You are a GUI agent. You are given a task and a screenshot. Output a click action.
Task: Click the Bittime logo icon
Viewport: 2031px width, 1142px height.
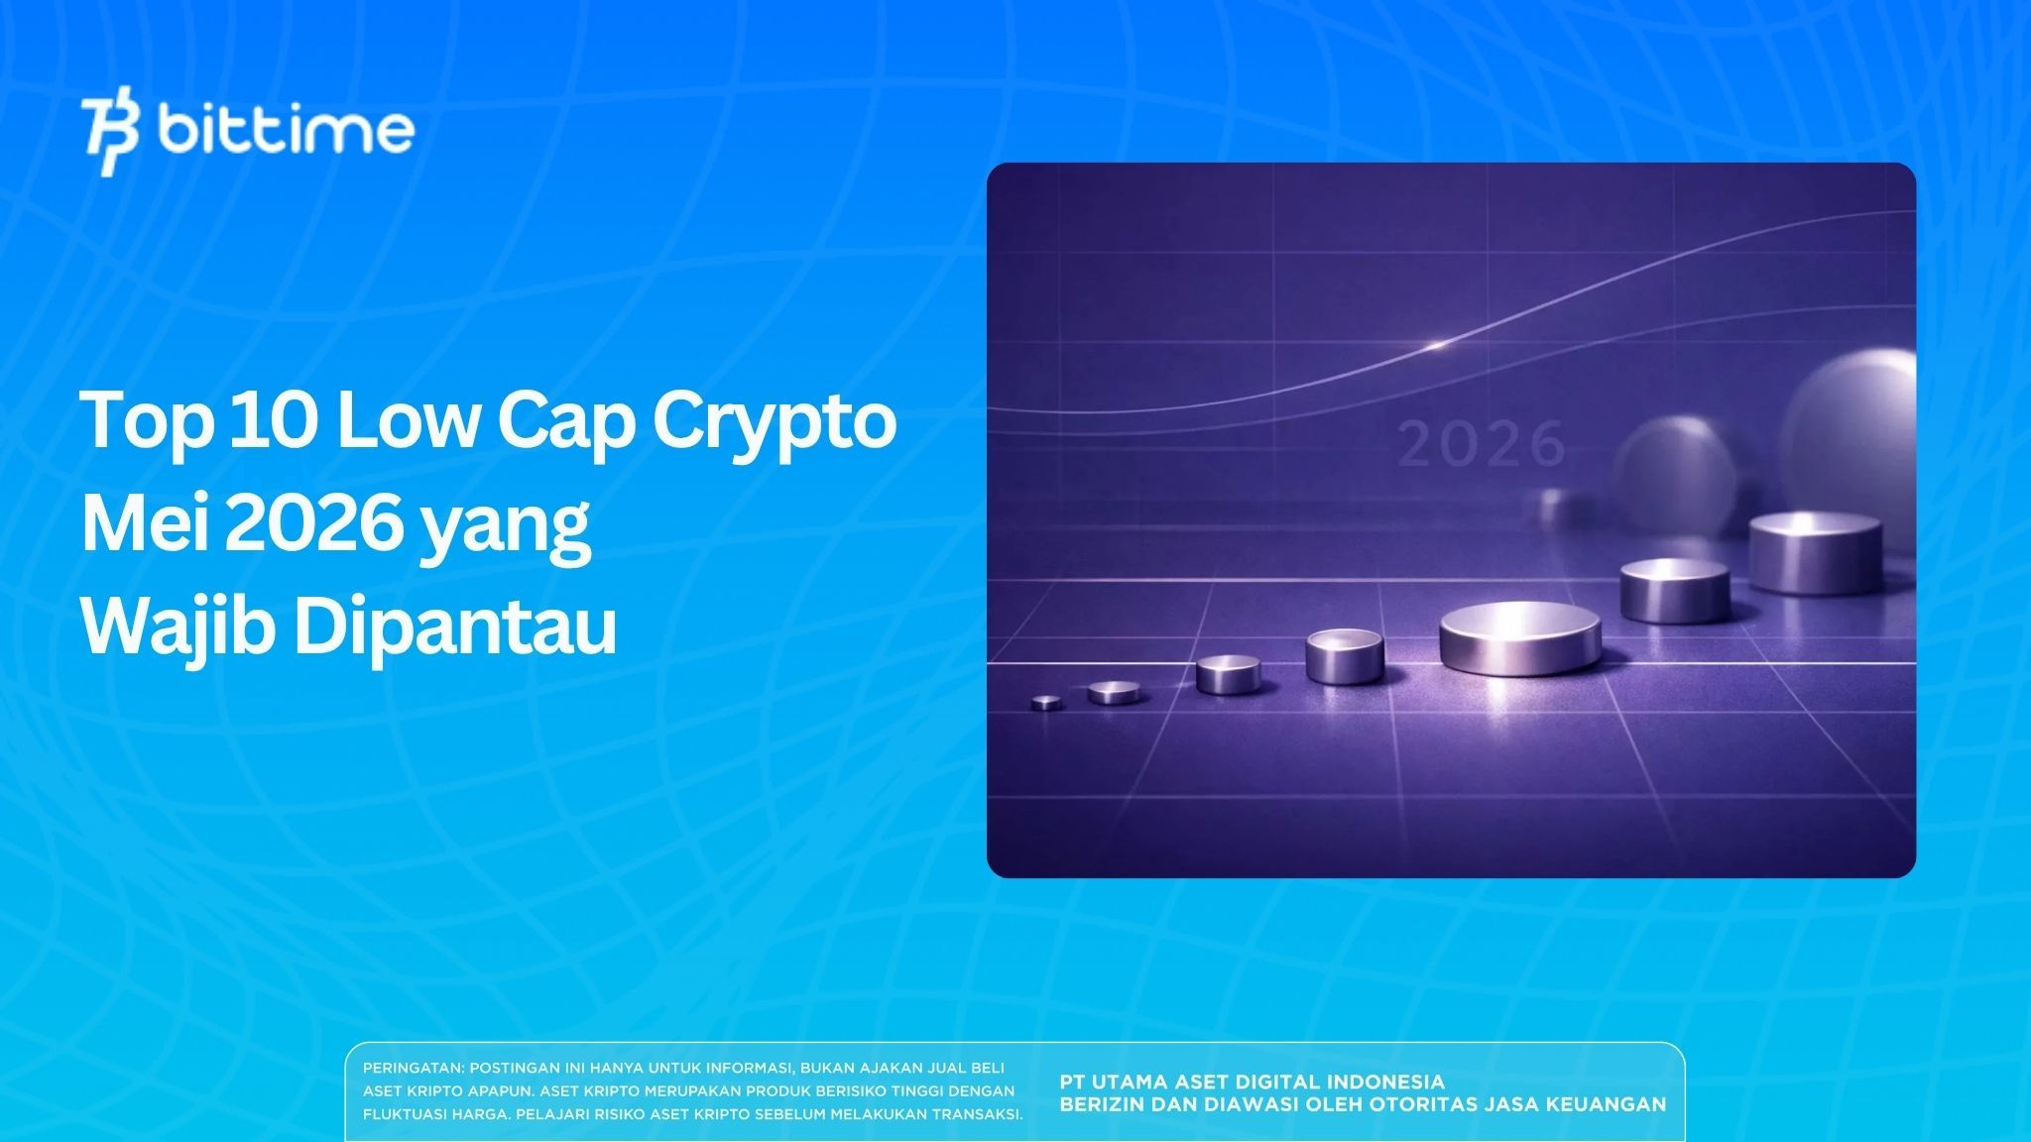(111, 136)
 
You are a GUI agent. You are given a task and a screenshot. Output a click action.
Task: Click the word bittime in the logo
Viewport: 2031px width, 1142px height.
(286, 130)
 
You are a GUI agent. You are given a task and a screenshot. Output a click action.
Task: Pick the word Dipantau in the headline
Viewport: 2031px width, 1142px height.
(455, 628)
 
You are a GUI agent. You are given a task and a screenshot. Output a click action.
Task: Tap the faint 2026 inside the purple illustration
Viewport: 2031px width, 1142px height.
(1482, 445)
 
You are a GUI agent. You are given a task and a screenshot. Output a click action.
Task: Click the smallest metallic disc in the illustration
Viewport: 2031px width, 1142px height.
(1046, 703)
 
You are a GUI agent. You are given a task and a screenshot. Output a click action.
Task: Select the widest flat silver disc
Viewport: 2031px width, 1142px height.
(1519, 637)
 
